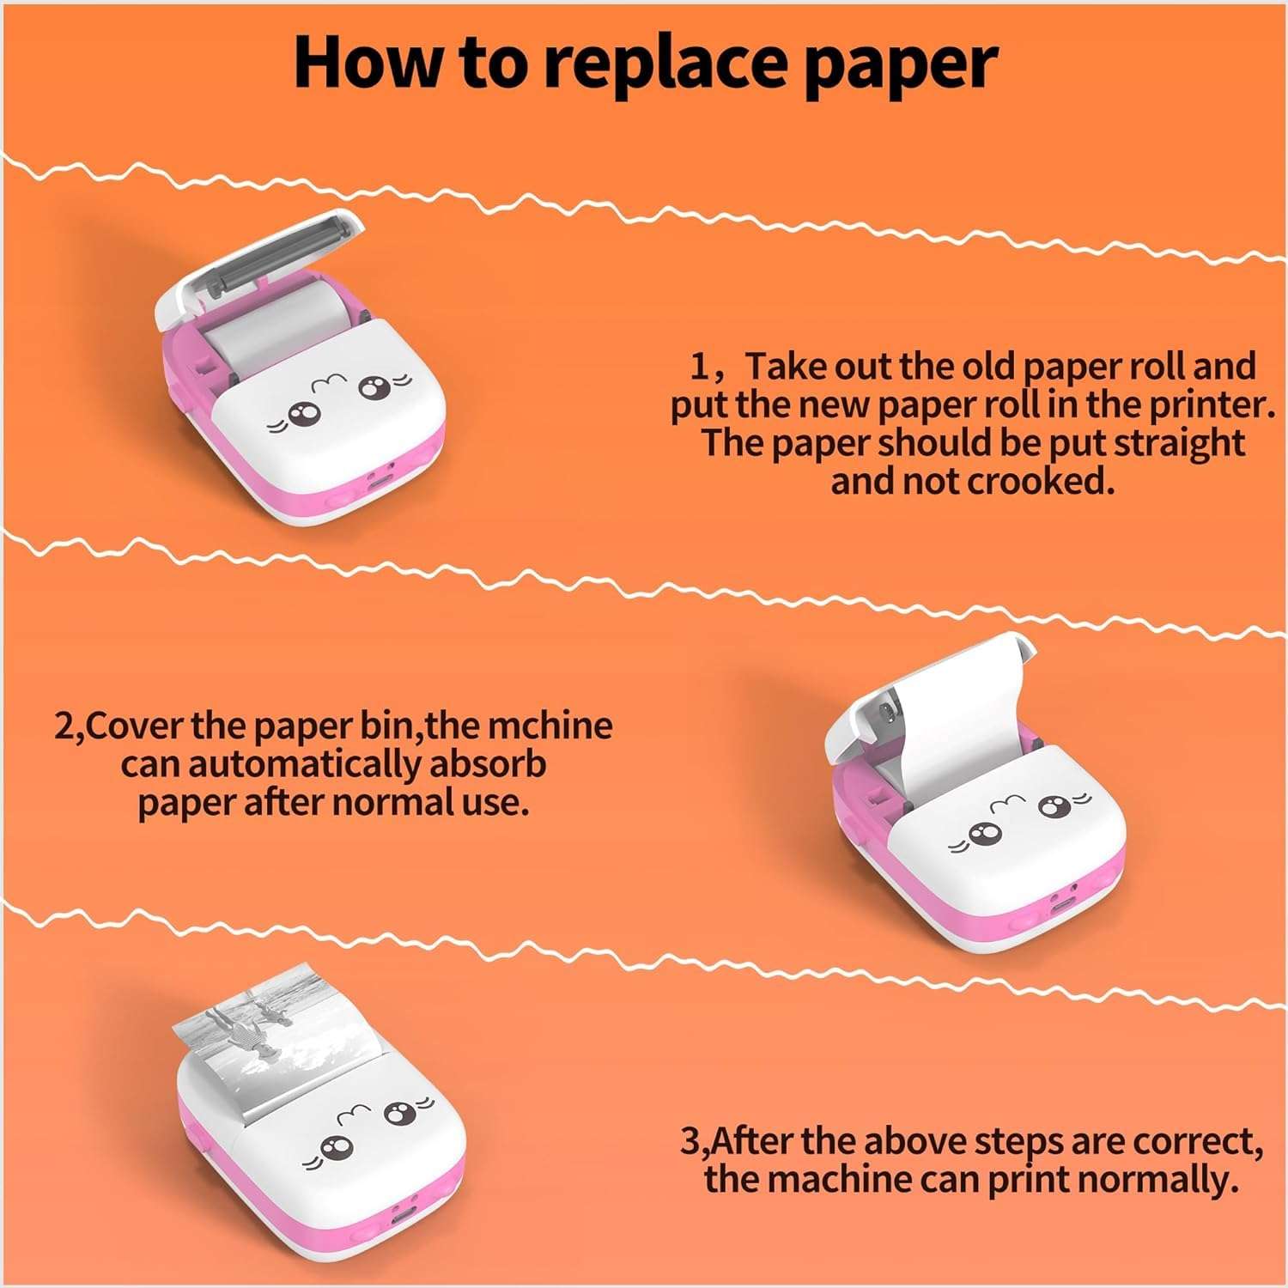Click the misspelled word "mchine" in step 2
tap(550, 726)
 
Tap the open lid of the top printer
tap(258, 258)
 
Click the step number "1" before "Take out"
tap(701, 368)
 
